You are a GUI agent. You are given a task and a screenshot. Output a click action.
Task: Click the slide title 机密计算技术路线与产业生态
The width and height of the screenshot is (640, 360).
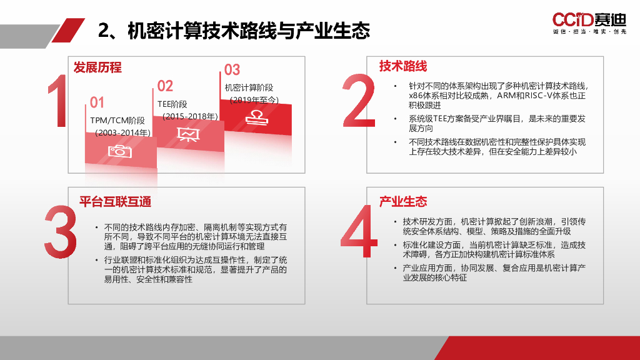tap(234, 31)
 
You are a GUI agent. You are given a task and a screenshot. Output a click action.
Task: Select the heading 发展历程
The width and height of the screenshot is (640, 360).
tap(97, 67)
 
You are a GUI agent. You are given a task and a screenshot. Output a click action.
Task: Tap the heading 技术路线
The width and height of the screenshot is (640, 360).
tap(403, 66)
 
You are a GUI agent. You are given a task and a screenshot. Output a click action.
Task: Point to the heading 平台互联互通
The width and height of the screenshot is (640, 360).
tap(115, 202)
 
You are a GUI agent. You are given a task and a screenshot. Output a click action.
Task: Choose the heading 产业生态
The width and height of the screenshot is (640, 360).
tap(403, 202)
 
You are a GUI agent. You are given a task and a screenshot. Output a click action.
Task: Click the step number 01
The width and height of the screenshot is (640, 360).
tap(97, 102)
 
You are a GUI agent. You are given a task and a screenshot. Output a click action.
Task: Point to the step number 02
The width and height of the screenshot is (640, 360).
tap(165, 86)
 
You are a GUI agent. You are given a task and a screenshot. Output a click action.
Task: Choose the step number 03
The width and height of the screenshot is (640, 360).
tap(232, 70)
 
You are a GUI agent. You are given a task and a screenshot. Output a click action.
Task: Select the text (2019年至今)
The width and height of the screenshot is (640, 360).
tap(254, 100)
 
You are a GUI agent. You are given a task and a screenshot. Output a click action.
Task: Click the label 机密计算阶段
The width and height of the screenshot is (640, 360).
tap(249, 88)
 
